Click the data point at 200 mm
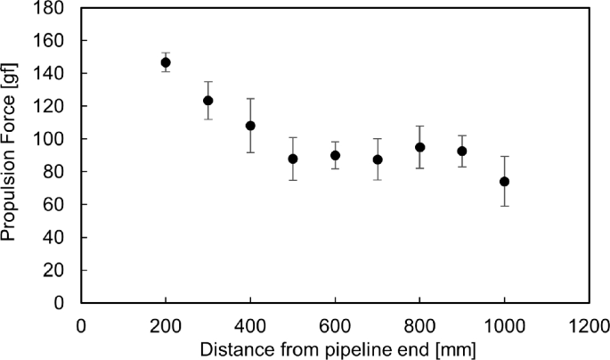166,62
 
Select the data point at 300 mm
208,101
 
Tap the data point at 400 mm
250,126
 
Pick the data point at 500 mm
293,159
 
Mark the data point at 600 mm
335,155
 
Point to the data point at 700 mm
378,160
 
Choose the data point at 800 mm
420,147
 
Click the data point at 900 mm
462,151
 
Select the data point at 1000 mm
505,181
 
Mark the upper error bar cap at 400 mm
250,98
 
